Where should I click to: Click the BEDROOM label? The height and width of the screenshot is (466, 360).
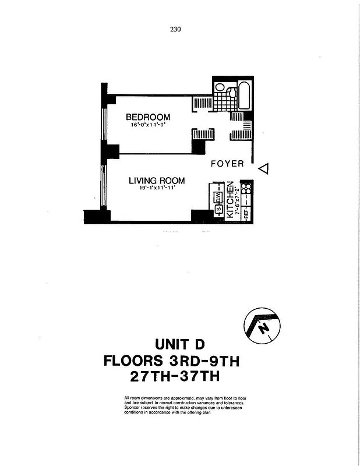pos(148,117)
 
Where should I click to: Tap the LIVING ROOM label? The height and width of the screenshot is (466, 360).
pos(156,181)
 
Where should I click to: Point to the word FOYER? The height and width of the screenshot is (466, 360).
pos(227,164)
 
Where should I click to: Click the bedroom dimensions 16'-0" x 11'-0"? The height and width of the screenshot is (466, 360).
pos(148,125)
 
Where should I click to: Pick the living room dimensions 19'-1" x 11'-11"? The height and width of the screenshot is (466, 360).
pos(157,188)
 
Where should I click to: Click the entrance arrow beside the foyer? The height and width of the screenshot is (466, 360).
pos(263,169)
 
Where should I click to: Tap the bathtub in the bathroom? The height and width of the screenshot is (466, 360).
pos(245,97)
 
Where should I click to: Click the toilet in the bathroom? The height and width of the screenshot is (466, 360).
pos(231,91)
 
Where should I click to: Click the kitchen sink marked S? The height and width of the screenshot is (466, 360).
pos(219,210)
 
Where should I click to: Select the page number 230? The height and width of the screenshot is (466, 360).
pos(177,29)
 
